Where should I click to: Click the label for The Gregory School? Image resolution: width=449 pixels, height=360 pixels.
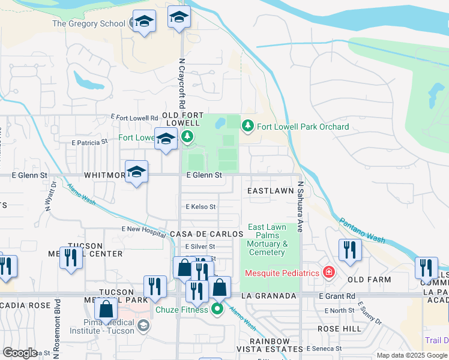(89, 24)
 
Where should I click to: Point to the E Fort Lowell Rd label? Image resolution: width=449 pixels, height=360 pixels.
(134, 118)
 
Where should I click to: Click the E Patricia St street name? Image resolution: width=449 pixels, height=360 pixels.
(89, 143)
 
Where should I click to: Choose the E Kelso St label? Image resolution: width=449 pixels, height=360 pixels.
(200, 206)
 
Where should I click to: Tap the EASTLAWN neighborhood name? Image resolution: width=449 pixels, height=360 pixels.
(270, 191)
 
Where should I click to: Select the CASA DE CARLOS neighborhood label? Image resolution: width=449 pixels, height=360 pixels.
(206, 233)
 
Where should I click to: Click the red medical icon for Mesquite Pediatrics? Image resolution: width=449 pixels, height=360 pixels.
(328, 273)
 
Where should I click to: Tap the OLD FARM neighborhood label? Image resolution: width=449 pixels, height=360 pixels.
(369, 280)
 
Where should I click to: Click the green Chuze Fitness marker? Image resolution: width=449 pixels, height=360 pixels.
(217, 310)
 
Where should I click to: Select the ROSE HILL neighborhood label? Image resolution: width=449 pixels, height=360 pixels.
(340, 329)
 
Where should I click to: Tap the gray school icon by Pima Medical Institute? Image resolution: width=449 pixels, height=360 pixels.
(143, 325)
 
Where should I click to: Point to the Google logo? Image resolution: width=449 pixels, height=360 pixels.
(20, 353)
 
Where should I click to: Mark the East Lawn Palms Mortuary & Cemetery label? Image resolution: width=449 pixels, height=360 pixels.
(267, 239)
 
